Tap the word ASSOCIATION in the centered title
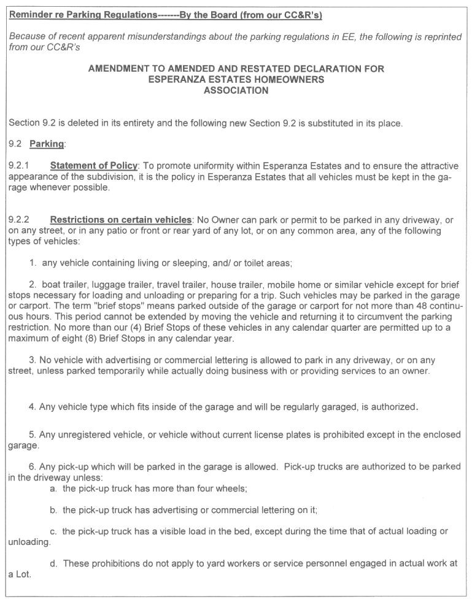pos(236,90)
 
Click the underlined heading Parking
pos(47,144)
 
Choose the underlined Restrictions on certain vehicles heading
pos(121,220)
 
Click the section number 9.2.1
pos(19,166)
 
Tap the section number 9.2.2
pos(19,220)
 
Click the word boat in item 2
pos(52,285)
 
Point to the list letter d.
pos(53,563)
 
